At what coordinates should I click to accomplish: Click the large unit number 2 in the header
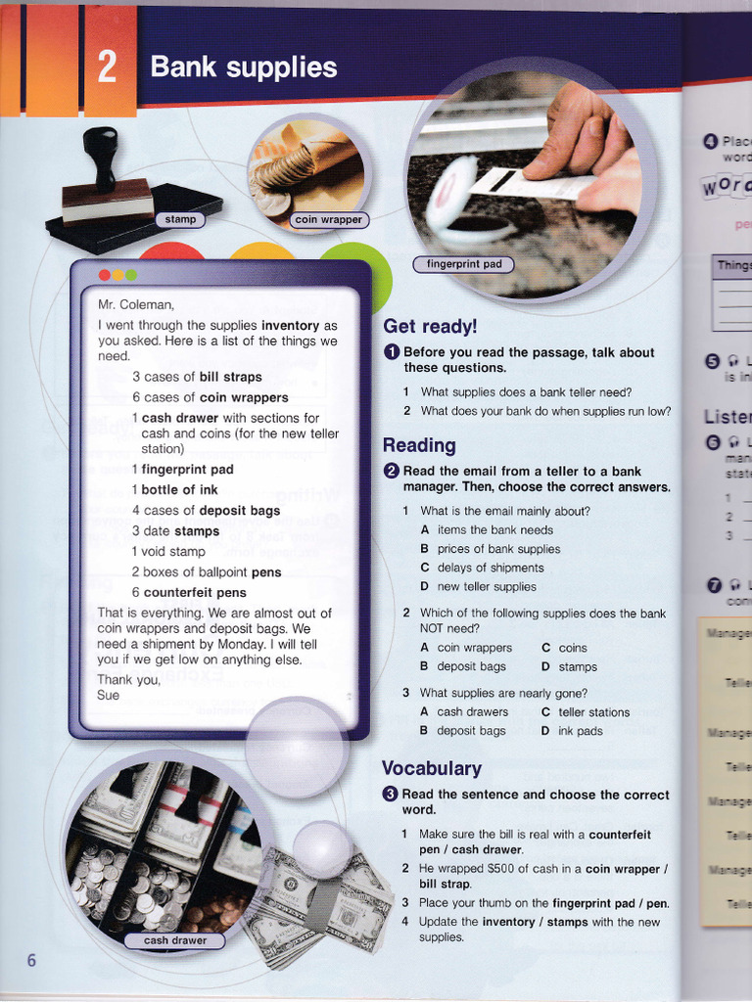pyautogui.click(x=108, y=67)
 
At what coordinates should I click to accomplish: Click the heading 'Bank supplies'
pyautogui.click(x=243, y=68)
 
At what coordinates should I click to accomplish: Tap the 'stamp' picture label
pyautogui.click(x=180, y=219)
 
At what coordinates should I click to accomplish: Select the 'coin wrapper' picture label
pyautogui.click(x=329, y=220)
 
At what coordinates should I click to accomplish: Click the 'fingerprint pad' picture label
pyautogui.click(x=464, y=264)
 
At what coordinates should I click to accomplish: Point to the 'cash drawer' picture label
pyautogui.click(x=175, y=940)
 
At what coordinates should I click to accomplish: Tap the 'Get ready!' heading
pyautogui.click(x=430, y=326)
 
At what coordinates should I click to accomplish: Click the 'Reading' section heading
pyautogui.click(x=419, y=445)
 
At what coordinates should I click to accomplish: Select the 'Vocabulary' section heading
pyautogui.click(x=431, y=768)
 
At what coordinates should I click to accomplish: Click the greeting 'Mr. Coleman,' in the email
pyautogui.click(x=135, y=304)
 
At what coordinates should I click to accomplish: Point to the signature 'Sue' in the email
pyautogui.click(x=108, y=695)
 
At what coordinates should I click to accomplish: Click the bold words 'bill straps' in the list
pyautogui.click(x=230, y=377)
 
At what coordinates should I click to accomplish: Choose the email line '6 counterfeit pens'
pyautogui.click(x=189, y=592)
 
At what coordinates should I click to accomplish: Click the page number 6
pyautogui.click(x=31, y=960)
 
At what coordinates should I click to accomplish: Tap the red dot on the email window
pyautogui.click(x=105, y=275)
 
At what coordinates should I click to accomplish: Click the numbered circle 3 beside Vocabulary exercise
pyautogui.click(x=390, y=795)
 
